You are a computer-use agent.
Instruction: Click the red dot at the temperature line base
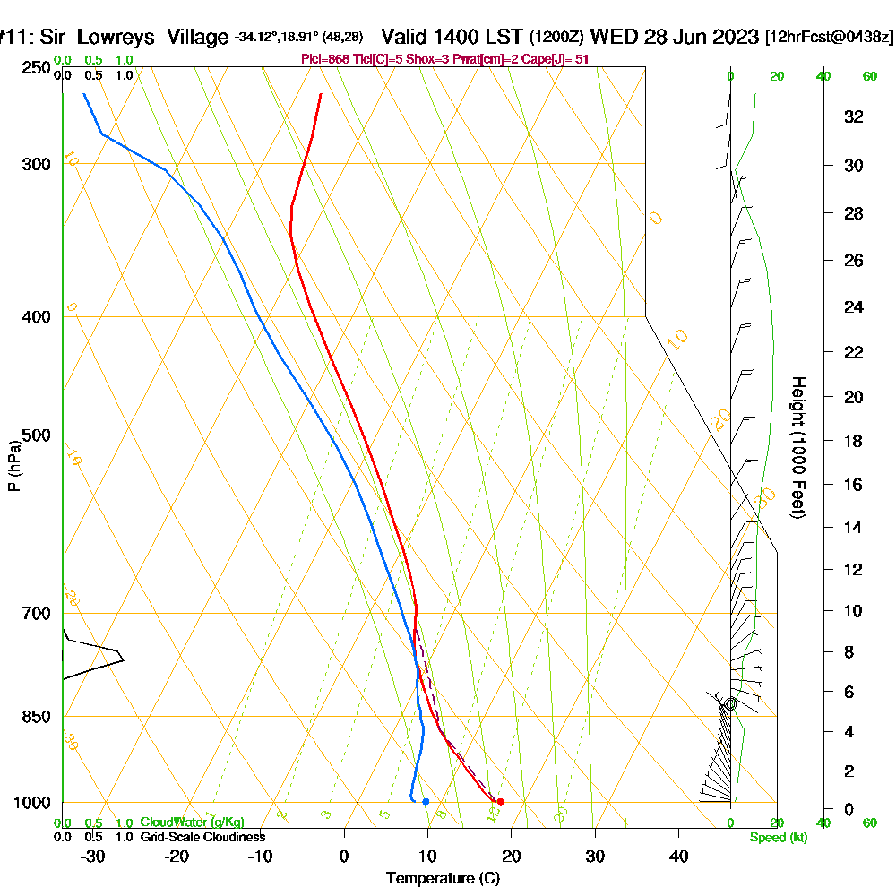(500, 802)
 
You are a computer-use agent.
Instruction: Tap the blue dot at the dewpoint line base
(426, 802)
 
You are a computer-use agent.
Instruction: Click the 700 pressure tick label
(37, 614)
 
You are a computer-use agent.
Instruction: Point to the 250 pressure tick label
(37, 68)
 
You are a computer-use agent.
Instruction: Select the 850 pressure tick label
(37, 717)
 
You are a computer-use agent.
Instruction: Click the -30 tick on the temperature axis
(93, 857)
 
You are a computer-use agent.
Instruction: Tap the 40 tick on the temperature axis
(678, 857)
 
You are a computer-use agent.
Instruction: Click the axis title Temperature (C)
(443, 879)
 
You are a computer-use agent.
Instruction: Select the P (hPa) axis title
(13, 466)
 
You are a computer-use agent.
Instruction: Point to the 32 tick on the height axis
(854, 116)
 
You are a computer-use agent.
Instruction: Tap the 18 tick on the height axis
(854, 441)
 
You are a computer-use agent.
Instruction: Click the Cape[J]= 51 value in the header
(564, 59)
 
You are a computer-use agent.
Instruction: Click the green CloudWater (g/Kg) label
(192, 823)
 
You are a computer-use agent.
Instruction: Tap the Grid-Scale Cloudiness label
(202, 837)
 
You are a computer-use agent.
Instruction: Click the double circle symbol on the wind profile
(730, 704)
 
